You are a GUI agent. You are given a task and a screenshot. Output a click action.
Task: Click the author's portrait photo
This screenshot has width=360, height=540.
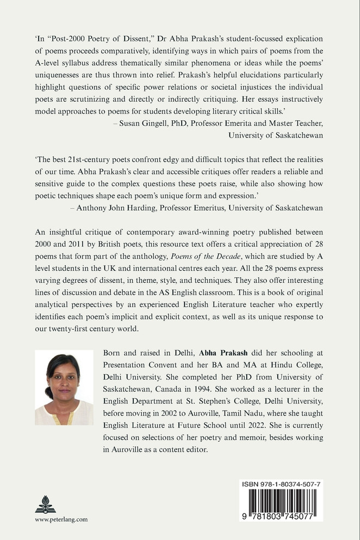pyautogui.click(x=64, y=387)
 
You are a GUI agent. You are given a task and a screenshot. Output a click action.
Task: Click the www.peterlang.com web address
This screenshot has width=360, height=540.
pyautogui.click(x=61, y=519)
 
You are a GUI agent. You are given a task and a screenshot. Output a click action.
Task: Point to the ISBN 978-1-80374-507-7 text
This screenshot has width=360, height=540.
pyautogui.click(x=281, y=483)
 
